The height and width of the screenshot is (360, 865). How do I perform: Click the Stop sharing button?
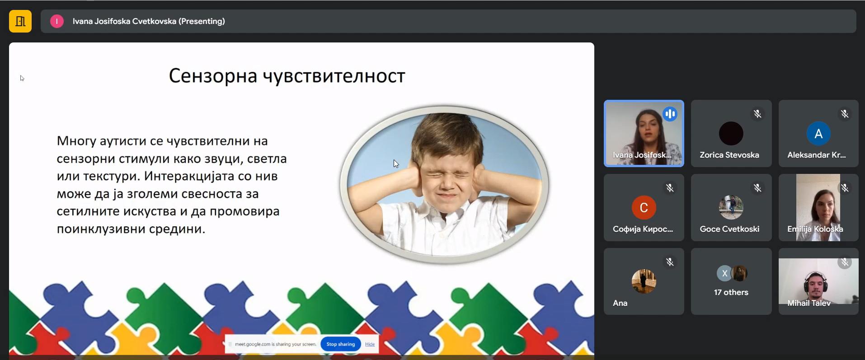point(341,344)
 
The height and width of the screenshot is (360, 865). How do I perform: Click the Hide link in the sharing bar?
point(370,344)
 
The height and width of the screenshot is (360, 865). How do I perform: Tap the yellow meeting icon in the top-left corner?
point(20,21)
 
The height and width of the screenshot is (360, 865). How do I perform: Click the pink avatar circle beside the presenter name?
point(56,21)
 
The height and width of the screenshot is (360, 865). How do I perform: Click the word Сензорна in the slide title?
point(212,76)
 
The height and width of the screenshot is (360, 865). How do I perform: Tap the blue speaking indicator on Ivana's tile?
point(670,114)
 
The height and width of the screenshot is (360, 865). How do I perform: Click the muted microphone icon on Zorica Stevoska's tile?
point(757,114)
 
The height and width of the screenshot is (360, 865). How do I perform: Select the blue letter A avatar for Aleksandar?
point(818,134)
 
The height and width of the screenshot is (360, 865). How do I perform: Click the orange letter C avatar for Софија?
point(644,207)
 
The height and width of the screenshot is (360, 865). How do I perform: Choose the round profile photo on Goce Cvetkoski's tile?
point(731,207)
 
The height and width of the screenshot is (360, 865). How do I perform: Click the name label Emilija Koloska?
point(815,229)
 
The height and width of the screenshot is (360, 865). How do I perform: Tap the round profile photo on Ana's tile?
point(644,281)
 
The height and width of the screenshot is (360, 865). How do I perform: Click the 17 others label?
point(731,292)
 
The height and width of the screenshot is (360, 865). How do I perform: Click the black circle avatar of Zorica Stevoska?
point(731,133)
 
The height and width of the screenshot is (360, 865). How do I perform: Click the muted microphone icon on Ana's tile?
point(670,262)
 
